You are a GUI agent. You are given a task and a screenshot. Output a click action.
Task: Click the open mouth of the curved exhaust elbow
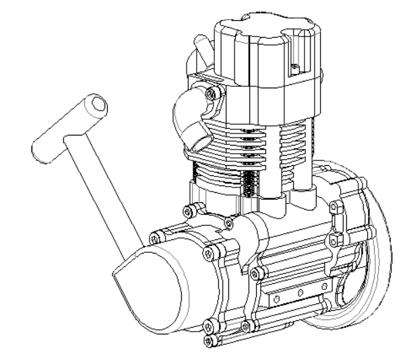tap(197, 142)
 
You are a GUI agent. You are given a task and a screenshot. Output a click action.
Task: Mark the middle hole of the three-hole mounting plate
tap(294, 293)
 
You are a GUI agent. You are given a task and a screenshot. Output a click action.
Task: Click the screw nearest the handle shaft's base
tap(156, 237)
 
